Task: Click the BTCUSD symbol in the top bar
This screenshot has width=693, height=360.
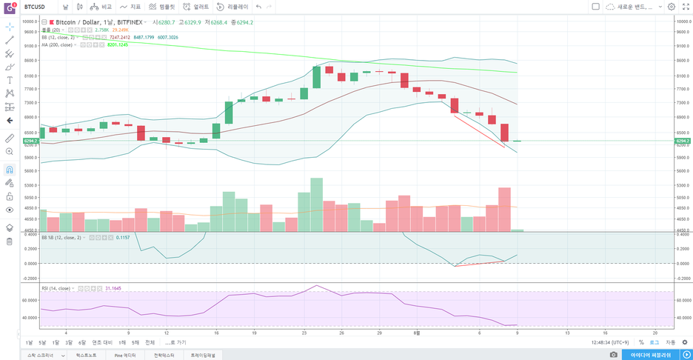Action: pos(36,6)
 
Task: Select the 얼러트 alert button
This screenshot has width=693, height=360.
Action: pos(196,6)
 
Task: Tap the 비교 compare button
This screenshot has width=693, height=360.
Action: pos(102,6)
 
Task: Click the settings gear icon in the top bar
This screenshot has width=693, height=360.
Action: pos(672,6)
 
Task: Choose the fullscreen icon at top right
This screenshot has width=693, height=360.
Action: pos(685,6)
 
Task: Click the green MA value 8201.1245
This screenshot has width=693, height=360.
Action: pos(118,44)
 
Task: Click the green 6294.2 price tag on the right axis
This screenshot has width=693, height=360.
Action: pos(683,141)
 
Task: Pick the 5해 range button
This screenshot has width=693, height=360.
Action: pos(135,342)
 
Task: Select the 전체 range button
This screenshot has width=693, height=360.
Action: pos(150,342)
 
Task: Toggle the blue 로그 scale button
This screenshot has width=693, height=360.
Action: pos(654,342)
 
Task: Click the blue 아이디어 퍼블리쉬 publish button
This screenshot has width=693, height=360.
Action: pos(650,355)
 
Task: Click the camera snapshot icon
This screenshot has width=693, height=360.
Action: pos(614,355)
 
